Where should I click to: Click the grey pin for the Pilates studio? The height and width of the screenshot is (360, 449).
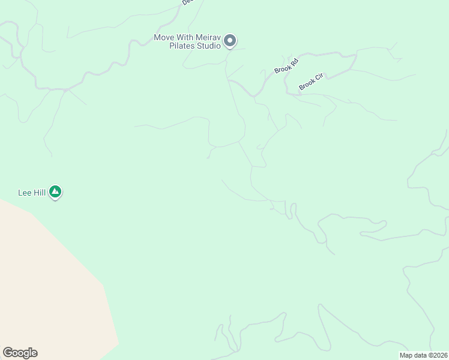point(229,41)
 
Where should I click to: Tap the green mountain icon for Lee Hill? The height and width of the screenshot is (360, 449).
point(55,192)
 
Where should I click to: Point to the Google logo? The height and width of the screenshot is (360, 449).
point(20,353)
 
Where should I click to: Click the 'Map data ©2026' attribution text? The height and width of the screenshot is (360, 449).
point(423,355)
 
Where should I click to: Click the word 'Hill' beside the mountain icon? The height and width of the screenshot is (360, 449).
point(40,193)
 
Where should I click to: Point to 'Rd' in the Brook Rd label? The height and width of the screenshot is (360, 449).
point(294,61)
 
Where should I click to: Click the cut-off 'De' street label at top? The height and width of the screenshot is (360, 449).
point(186,2)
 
